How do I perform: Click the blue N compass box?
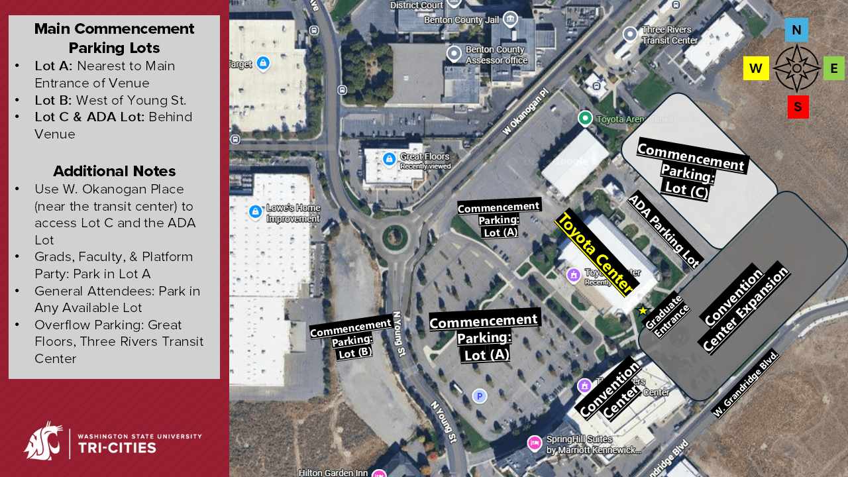pyautogui.click(x=796, y=30)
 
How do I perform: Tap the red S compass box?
pyautogui.click(x=798, y=107)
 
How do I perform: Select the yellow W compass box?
pyautogui.click(x=756, y=68)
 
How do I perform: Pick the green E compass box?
pyautogui.click(x=833, y=68)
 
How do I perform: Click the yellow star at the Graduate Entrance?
pyautogui.click(x=643, y=310)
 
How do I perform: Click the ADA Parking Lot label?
pyautogui.click(x=664, y=231)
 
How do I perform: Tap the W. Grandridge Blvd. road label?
pyautogui.click(x=745, y=384)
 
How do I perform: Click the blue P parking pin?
pyautogui.click(x=479, y=396)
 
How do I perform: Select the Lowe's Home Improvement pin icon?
pyautogui.click(x=255, y=212)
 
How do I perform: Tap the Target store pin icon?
pyautogui.click(x=263, y=64)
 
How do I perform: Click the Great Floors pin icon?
pyautogui.click(x=389, y=159)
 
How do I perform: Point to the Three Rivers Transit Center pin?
pyautogui.click(x=630, y=34)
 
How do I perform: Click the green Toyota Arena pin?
pyautogui.click(x=585, y=119)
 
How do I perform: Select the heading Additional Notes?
pyautogui.click(x=114, y=171)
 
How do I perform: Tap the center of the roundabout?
pyautogui.click(x=395, y=236)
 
